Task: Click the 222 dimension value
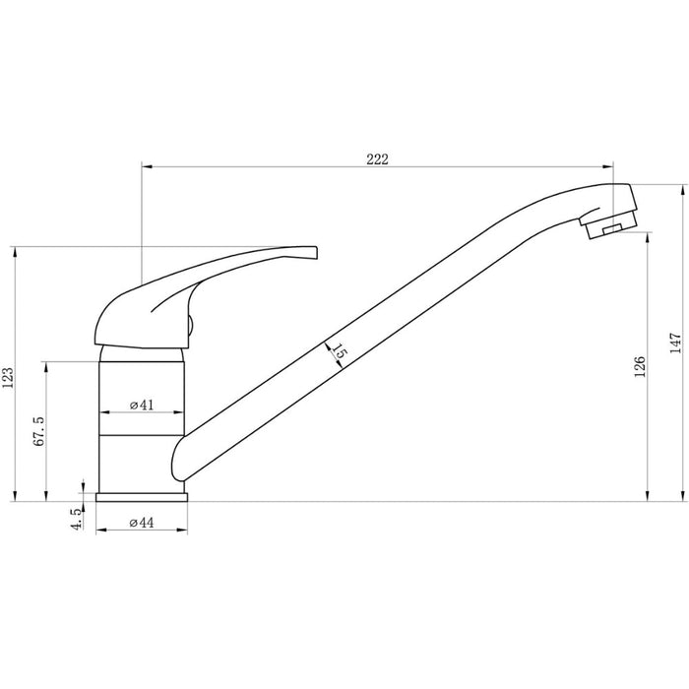[378, 159]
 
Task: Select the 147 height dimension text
[675, 342]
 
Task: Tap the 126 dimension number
[640, 367]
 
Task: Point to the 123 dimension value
[9, 376]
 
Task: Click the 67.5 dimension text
[39, 432]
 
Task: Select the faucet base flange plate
[141, 496]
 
